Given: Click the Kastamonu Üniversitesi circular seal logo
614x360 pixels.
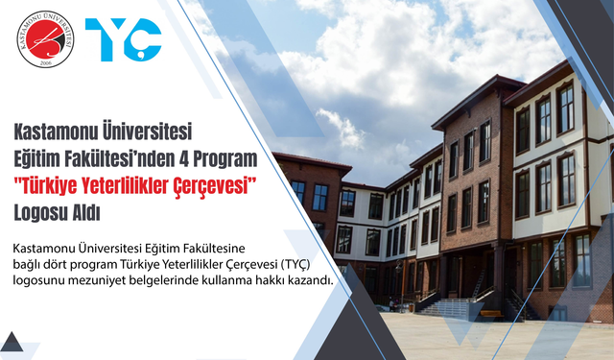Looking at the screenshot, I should (46, 39).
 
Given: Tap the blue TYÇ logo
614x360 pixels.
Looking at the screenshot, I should (123, 39).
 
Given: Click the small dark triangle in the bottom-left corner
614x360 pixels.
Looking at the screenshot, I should (11, 342).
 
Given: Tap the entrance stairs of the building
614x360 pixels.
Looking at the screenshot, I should (447, 306).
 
